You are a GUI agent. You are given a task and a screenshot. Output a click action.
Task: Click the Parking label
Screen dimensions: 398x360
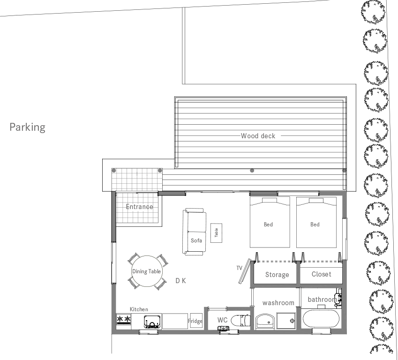coord(27,127)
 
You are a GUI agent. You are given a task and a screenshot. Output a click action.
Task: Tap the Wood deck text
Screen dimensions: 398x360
coord(258,136)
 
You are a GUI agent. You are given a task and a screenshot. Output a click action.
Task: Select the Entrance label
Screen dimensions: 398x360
coord(139,207)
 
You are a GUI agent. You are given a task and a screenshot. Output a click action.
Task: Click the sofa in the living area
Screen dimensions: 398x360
coord(195,232)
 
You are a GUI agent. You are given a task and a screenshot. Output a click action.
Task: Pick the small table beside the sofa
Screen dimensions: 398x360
coord(216,233)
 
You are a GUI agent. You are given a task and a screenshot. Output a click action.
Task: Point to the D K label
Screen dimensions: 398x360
coord(181,280)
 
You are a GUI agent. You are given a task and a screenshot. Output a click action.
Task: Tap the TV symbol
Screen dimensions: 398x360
coord(244,271)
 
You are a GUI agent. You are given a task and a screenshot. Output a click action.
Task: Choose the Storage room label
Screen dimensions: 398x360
coord(277,274)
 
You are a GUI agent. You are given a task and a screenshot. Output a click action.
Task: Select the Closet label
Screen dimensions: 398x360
coord(321,274)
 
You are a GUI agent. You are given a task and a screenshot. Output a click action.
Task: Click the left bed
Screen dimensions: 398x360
coord(270,222)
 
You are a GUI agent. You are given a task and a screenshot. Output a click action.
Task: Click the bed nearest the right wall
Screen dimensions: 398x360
coord(316,222)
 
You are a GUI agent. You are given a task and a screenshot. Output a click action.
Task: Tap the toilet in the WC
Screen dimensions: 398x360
coord(240,321)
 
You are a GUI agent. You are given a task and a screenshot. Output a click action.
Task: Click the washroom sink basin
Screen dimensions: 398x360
coord(265,322)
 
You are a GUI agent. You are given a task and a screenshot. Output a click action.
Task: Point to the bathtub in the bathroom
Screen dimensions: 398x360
coord(321,319)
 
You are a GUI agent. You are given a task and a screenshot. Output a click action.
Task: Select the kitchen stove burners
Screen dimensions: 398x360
coord(124,319)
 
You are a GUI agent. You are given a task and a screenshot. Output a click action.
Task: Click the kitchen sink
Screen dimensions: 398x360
coord(152,322)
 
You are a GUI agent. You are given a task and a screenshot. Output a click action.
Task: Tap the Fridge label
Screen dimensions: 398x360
coord(195,321)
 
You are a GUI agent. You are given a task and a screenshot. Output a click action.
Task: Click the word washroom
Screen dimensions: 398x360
coord(278,303)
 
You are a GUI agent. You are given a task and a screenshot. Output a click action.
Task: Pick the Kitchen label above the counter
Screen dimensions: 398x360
coord(139,309)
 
